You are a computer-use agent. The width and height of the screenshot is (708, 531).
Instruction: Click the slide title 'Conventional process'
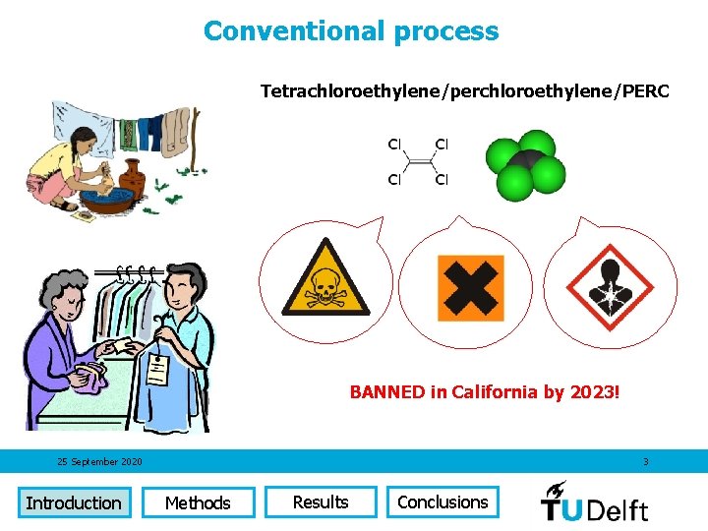coord(351,31)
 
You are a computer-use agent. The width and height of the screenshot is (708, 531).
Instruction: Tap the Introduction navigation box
coord(74,502)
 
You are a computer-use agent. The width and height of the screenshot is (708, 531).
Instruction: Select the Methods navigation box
coord(198,502)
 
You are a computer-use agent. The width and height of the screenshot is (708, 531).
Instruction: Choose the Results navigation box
coord(321,501)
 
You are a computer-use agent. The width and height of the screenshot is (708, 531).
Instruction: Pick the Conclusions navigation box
coord(442,501)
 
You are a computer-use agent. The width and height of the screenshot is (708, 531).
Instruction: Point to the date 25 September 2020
coord(99,462)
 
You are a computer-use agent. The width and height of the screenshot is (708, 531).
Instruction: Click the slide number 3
coord(646,462)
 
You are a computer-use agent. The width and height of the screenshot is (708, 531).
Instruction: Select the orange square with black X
coord(470,288)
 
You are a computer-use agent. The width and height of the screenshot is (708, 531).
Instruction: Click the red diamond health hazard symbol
coord(611,287)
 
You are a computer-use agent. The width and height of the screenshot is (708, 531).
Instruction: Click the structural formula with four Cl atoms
coord(418,162)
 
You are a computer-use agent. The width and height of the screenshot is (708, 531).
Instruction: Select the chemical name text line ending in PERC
coord(464,91)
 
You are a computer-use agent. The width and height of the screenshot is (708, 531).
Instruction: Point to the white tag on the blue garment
coord(156,372)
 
